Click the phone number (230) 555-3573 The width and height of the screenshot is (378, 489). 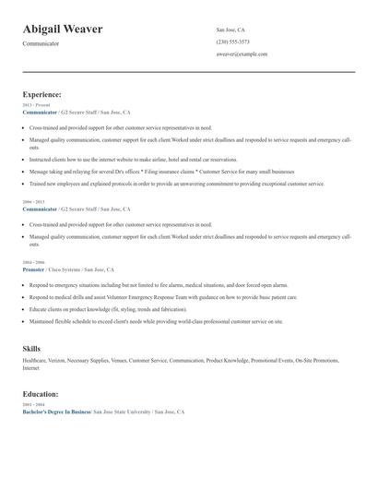click(232, 42)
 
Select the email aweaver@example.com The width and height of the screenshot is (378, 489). click(242, 54)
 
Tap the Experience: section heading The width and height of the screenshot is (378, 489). click(42, 94)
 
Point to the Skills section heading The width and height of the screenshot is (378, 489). click(31, 348)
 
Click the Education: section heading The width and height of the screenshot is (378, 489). click(41, 394)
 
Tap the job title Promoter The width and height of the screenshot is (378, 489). click(33, 269)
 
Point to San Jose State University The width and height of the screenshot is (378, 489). click(122, 411)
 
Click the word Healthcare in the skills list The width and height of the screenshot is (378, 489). click(34, 361)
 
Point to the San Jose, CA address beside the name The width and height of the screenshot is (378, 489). click(230, 30)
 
